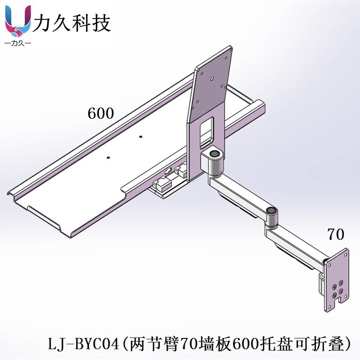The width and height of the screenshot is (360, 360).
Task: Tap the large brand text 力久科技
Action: click(x=72, y=22)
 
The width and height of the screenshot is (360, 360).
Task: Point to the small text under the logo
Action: click(x=18, y=44)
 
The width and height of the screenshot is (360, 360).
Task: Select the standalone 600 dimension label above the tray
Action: click(x=101, y=113)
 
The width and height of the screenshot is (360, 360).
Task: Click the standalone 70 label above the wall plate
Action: click(x=336, y=234)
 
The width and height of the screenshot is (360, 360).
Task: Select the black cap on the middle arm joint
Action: click(x=271, y=210)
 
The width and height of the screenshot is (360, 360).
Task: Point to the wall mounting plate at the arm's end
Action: click(x=337, y=281)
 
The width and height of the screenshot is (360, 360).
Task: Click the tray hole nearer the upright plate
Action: click(x=141, y=136)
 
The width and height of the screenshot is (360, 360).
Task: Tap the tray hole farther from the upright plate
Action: click(x=108, y=157)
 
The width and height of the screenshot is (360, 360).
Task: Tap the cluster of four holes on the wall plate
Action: click(x=337, y=288)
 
